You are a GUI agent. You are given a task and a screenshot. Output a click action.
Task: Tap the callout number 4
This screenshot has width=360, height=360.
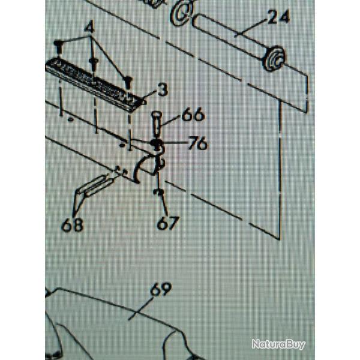(89, 27)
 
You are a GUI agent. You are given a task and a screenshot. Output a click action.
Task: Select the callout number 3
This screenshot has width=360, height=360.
(163, 91)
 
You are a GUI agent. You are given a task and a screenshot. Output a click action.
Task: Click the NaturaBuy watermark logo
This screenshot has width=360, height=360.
(278, 344)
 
